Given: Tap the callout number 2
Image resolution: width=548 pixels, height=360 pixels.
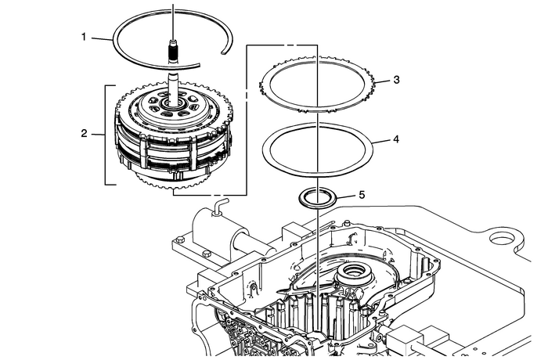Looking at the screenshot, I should point(84,134).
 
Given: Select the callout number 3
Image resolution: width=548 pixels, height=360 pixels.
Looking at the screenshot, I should point(397,80).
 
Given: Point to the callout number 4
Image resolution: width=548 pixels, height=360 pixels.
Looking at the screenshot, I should point(397,141).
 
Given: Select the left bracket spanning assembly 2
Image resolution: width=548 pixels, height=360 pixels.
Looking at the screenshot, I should point(106,134).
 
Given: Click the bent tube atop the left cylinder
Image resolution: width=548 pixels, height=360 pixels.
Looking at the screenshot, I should point(216,207).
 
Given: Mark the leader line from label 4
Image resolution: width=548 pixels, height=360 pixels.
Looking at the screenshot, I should point(383,142).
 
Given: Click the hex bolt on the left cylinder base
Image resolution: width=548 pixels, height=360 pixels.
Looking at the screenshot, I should point(205,254).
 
